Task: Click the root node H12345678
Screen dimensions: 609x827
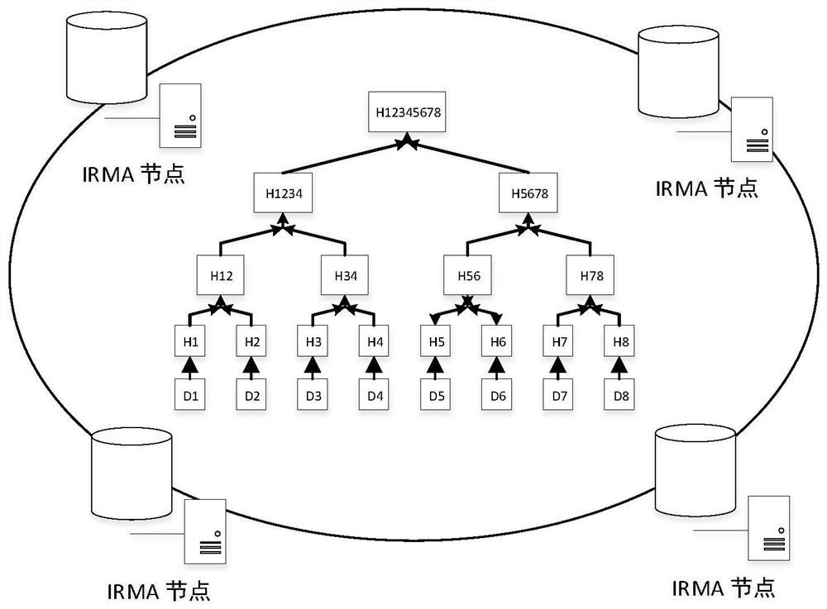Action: pos(407,112)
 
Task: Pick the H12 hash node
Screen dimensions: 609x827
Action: pos(219,275)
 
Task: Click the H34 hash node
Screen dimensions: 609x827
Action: pos(345,275)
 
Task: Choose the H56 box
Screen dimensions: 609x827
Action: pos(467,275)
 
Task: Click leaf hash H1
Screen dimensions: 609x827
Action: pos(190,342)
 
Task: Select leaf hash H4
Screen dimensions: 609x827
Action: pos(375,342)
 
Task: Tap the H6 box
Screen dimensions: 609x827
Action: pos(497,342)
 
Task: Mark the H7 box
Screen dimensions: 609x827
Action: pos(559,342)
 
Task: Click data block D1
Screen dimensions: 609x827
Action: pos(190,395)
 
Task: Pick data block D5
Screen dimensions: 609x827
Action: pos(437,395)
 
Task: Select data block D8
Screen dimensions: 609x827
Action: pos(620,395)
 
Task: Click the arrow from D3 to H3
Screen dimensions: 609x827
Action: pos(313,369)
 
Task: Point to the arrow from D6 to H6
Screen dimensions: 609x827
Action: pos(497,369)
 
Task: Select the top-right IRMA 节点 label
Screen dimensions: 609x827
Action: pos(706,187)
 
